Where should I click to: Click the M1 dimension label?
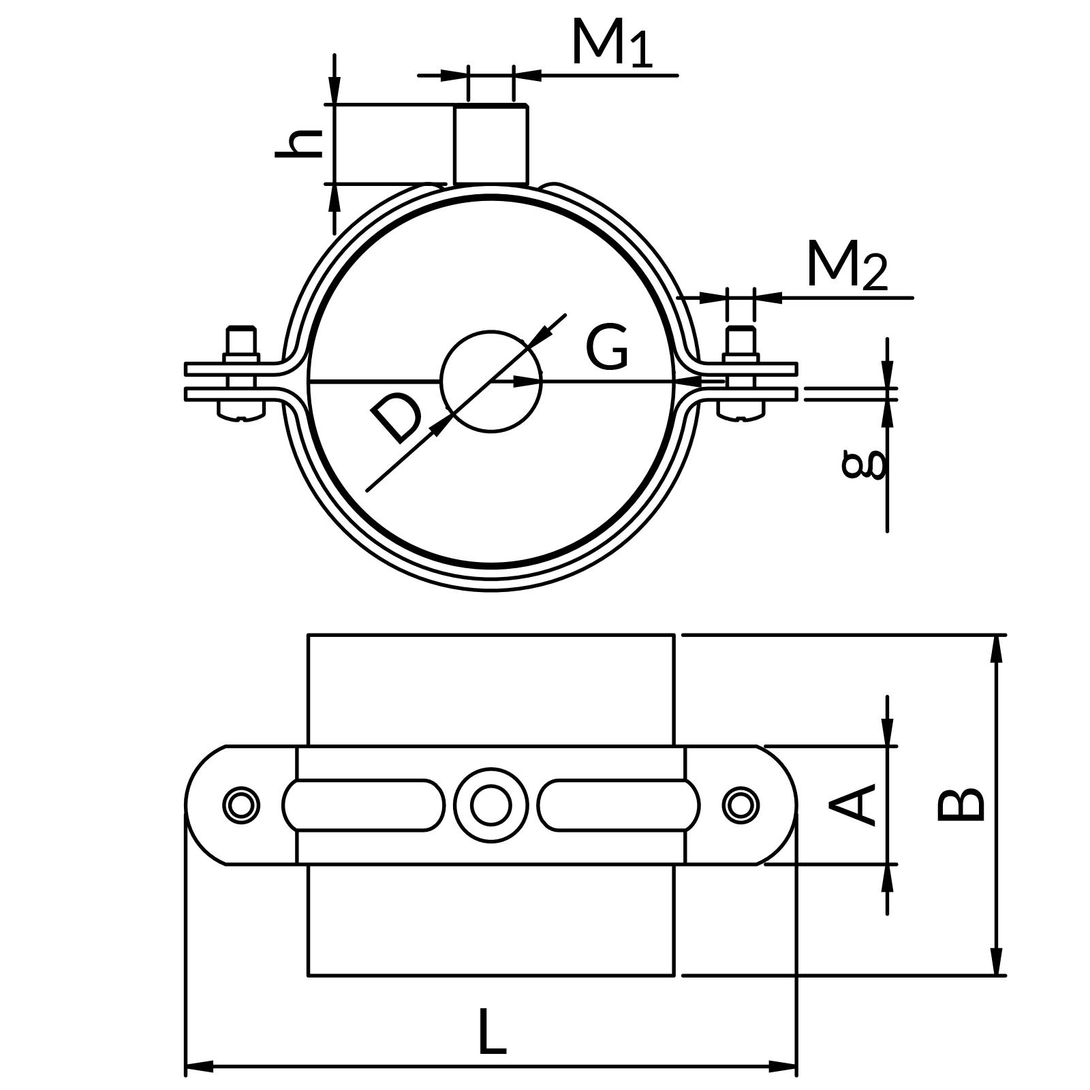(x=611, y=44)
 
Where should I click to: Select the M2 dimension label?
(x=846, y=266)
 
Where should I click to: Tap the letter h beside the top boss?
(x=298, y=143)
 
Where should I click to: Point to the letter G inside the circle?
(x=607, y=347)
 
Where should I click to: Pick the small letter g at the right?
(x=864, y=464)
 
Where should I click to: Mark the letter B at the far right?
(x=961, y=805)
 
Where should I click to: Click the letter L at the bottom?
(x=491, y=1031)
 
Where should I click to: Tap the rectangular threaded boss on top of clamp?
(x=490, y=144)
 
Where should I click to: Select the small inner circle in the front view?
(x=491, y=381)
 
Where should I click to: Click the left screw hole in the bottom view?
(x=241, y=805)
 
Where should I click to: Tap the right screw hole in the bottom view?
(x=741, y=805)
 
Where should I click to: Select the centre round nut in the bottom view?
(x=490, y=805)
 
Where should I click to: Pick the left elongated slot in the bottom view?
(x=364, y=805)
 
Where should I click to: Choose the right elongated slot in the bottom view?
(x=618, y=805)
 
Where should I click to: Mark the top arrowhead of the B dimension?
(x=997, y=648)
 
